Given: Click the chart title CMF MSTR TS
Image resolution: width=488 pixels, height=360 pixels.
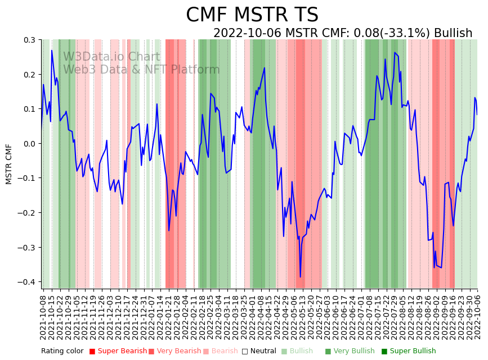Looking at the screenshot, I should [x=252, y=15].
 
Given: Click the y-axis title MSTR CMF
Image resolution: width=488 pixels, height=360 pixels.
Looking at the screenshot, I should [x=9, y=164].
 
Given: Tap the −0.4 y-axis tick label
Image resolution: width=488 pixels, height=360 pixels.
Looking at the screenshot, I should [x=28, y=282].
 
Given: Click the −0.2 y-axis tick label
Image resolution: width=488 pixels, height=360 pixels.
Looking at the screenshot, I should [x=28, y=213].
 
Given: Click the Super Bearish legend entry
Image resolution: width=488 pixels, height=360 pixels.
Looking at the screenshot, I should [x=114, y=351].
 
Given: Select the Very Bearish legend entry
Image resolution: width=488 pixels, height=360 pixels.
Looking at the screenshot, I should [x=174, y=351].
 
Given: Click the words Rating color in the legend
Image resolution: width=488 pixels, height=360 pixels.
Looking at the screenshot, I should [x=62, y=351].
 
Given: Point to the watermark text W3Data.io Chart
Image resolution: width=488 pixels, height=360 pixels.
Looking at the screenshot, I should [x=111, y=57].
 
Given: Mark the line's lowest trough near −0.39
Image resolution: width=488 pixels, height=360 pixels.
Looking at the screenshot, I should [x=300, y=277].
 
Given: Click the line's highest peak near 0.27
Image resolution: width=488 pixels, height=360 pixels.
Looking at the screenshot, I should [x=52, y=51].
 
